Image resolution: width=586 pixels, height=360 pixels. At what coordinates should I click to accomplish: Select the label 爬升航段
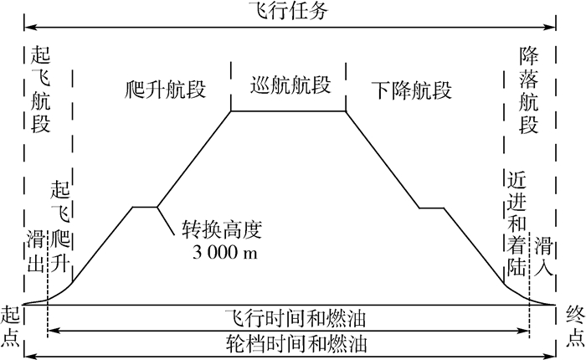[164, 89]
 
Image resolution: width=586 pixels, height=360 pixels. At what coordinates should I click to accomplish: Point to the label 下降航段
[410, 89]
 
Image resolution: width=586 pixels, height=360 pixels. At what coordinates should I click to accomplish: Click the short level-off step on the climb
[144, 207]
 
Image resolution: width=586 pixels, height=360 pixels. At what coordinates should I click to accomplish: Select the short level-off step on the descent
[432, 207]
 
